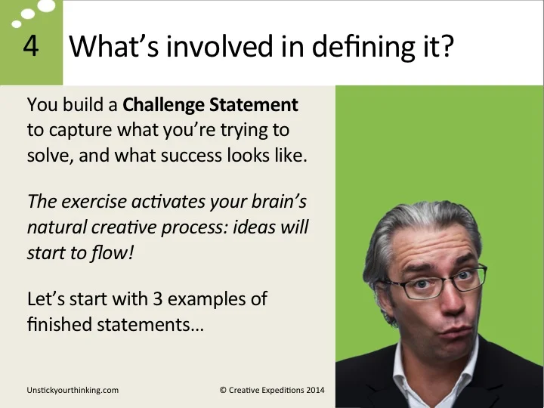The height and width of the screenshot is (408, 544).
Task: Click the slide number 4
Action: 31,46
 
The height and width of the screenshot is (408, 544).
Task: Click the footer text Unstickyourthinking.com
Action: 72,390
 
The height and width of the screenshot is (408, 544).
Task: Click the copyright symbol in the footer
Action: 224,390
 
